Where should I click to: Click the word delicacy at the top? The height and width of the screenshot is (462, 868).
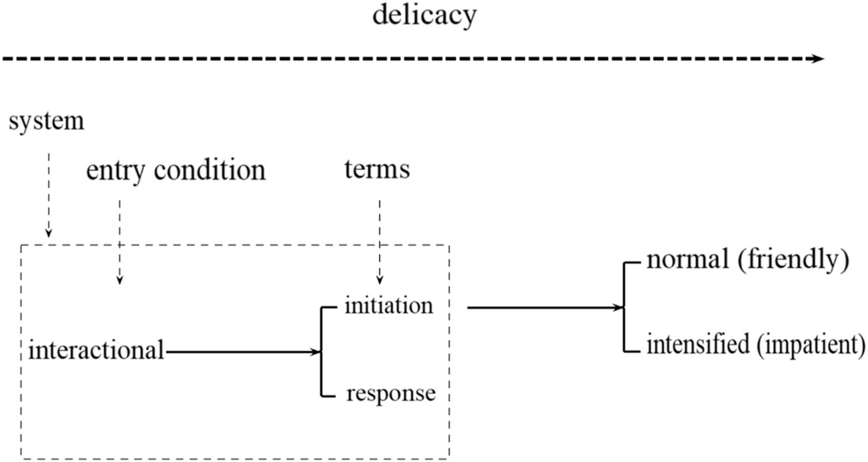click(424, 16)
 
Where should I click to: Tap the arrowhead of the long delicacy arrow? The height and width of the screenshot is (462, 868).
click(818, 59)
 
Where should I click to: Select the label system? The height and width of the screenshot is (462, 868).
click(46, 122)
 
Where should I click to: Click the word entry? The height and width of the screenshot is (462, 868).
click(117, 171)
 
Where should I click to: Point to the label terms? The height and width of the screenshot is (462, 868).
click(377, 169)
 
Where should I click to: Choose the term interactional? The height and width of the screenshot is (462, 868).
click(96, 351)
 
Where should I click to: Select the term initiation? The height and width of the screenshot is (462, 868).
click(389, 305)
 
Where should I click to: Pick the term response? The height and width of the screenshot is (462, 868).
click(390, 394)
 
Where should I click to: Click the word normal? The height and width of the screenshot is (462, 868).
click(687, 260)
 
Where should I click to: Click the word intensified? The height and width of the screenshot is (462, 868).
click(697, 344)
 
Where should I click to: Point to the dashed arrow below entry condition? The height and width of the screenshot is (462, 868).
click(119, 242)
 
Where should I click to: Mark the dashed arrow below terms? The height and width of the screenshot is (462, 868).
click(380, 242)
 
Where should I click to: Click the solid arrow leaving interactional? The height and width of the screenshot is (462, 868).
click(242, 352)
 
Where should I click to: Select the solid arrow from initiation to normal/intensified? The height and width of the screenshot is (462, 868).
click(542, 307)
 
